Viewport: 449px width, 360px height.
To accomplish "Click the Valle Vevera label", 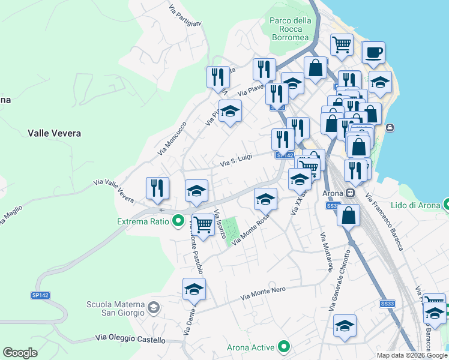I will (54, 133).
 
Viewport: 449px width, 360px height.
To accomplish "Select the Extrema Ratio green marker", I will (178, 221).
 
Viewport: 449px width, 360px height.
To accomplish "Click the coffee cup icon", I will (373, 52).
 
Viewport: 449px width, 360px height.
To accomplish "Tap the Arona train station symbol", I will (349, 194).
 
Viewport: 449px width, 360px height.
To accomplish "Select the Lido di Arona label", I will (414, 206).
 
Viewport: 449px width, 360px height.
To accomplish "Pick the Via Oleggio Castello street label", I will (130, 340).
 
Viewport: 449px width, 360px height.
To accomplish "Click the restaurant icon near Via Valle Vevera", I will (157, 188).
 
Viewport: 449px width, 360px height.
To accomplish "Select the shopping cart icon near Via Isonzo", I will (203, 224).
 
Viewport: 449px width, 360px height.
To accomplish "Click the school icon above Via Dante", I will (194, 289).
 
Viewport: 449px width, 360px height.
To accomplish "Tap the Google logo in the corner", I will (20, 353).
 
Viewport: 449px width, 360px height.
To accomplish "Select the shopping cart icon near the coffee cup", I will (342, 44).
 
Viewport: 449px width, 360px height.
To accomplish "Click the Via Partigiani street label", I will (185, 16).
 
